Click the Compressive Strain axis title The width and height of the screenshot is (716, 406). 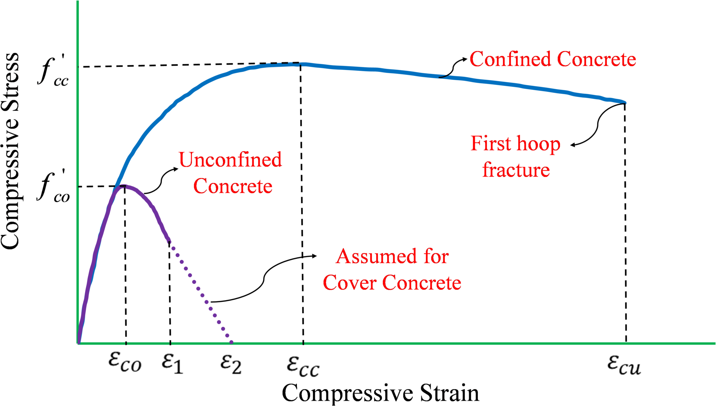click(380, 393)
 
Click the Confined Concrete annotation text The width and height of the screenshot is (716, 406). click(553, 59)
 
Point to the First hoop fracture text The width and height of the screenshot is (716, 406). click(516, 157)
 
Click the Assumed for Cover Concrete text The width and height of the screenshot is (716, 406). click(392, 270)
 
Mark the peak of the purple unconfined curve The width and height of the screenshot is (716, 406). click(124, 186)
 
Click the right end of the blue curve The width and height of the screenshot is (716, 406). click(625, 103)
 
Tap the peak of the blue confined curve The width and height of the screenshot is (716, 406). click(300, 64)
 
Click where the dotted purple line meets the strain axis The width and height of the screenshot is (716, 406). click(232, 343)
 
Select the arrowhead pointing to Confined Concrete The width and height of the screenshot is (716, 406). click(464, 59)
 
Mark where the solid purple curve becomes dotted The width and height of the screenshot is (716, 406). click(169, 242)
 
